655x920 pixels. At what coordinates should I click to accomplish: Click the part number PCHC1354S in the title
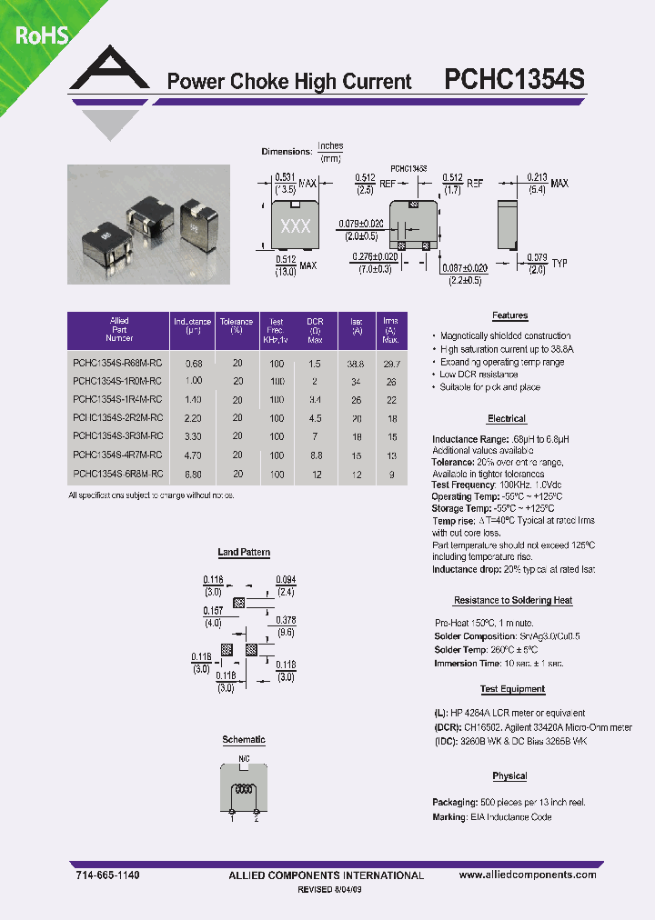coord(514,80)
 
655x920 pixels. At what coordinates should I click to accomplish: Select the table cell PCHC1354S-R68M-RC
coord(117,363)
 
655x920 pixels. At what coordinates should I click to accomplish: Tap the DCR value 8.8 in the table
coord(316,455)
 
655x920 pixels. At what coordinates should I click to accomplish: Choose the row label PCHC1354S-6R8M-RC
coord(117,474)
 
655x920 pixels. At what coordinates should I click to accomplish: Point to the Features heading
coord(509,315)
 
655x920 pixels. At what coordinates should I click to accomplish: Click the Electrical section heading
coord(507,419)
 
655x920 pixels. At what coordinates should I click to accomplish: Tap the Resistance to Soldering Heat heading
coord(512,601)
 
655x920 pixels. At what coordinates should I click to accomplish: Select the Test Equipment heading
coord(512,690)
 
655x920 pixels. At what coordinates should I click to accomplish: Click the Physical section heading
coord(509,776)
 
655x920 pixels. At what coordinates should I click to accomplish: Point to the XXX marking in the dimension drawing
coord(295,226)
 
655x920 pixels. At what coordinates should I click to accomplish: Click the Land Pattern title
coord(244,553)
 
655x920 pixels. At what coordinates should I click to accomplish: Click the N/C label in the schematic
coord(244,757)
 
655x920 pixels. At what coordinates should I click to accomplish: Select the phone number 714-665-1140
coord(107,875)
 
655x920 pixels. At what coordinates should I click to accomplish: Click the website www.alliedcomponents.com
coord(528,875)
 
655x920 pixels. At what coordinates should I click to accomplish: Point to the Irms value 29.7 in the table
coord(391,363)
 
